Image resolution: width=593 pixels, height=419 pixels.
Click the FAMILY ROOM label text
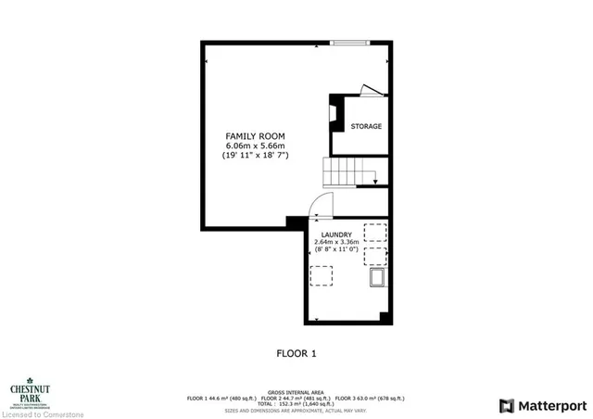click(255, 136)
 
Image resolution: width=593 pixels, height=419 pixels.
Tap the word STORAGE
click(365, 126)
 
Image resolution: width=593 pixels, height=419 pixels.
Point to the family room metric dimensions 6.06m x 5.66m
click(255, 146)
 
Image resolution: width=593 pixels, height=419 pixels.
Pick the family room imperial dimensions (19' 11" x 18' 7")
click(255, 156)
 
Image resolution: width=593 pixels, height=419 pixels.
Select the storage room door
click(371, 91)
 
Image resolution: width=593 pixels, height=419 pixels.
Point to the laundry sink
click(376, 279)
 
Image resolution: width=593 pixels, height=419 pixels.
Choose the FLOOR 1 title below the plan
click(296, 353)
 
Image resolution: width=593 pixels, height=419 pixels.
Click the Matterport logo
click(542, 405)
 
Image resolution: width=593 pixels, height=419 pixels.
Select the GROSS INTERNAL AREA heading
click(296, 393)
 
